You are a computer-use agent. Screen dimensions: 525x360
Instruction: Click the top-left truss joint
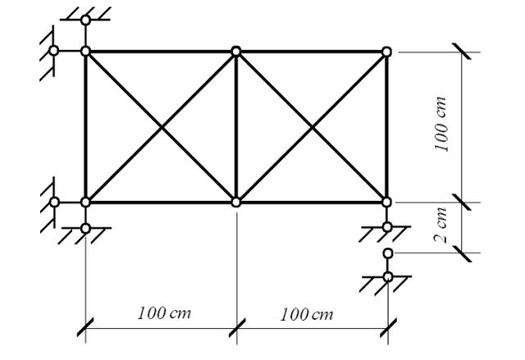click(x=85, y=51)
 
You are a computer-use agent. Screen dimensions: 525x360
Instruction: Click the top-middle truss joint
click(x=236, y=51)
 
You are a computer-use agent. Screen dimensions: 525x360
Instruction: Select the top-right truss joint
click(x=386, y=52)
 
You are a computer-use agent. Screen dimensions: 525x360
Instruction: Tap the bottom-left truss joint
click(x=85, y=202)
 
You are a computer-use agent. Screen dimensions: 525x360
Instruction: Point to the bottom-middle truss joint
click(x=236, y=202)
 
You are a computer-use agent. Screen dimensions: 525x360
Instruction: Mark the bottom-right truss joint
click(x=386, y=202)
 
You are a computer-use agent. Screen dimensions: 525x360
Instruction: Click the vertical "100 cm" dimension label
click(x=444, y=127)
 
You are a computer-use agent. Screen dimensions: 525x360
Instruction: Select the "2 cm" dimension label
click(x=444, y=228)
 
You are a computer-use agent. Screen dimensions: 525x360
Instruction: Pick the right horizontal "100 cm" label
click(x=307, y=314)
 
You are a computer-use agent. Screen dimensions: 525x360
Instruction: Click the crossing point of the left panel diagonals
click(x=161, y=126)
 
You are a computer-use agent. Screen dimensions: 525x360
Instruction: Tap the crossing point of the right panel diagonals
click(x=312, y=126)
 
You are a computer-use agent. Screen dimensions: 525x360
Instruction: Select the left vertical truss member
click(x=85, y=126)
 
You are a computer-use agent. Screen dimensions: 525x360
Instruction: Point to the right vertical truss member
click(x=386, y=126)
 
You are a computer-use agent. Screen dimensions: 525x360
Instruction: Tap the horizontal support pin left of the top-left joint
click(x=54, y=50)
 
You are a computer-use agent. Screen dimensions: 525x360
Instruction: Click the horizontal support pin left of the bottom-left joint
click(x=54, y=202)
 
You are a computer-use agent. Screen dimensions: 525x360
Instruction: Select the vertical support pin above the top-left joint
click(x=85, y=20)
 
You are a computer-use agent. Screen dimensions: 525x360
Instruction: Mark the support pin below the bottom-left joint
click(x=85, y=228)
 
